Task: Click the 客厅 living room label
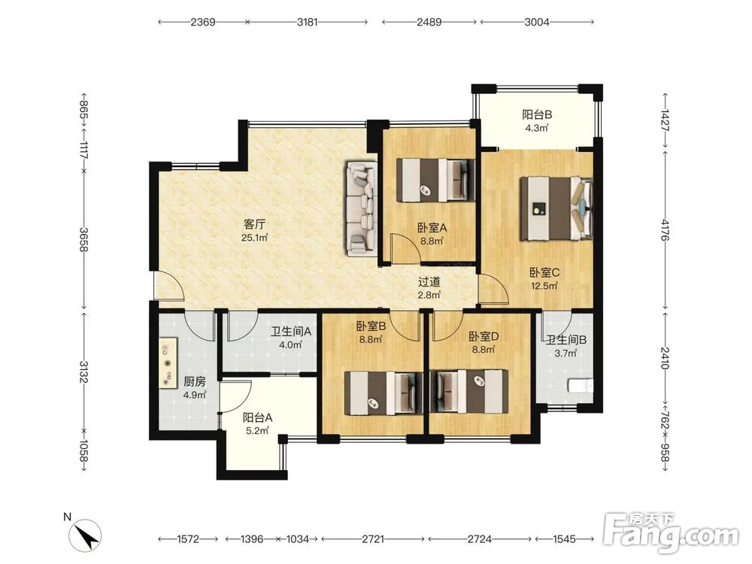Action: (255, 224)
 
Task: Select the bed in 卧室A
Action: (435, 180)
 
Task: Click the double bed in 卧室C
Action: (556, 208)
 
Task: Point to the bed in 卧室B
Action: (384, 393)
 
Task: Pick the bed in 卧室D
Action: (469, 391)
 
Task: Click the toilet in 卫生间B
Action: (581, 386)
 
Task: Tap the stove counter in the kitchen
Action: (168, 363)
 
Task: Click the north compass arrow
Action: (86, 535)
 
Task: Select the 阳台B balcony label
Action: (537, 114)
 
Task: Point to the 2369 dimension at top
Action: (203, 22)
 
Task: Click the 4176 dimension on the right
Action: (665, 230)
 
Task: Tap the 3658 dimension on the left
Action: (84, 239)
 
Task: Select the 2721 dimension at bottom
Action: (373, 539)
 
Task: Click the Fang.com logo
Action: (672, 533)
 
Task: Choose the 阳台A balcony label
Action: (257, 417)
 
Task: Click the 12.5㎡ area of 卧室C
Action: (544, 287)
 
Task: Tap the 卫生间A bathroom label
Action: (291, 332)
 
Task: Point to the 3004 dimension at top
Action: (537, 22)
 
